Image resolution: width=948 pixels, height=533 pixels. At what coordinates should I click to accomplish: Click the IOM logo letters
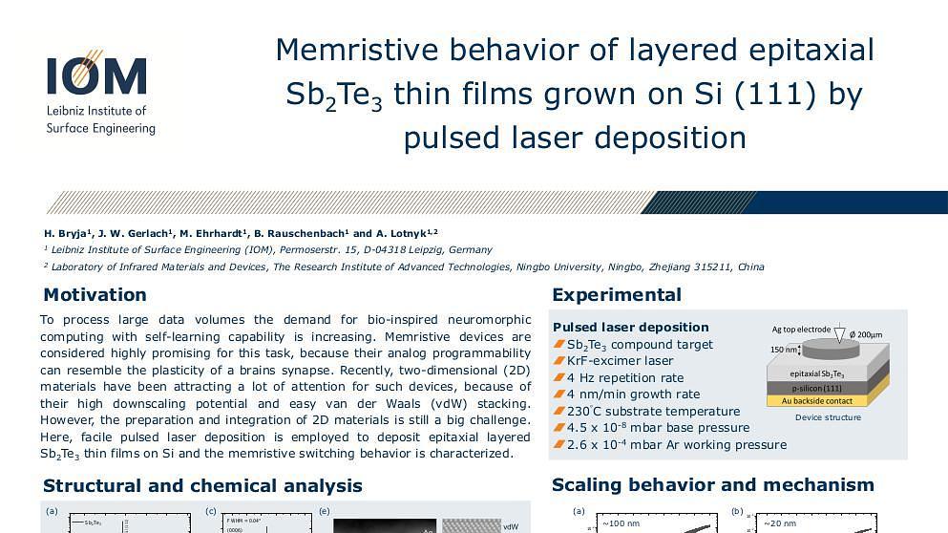pos(96,76)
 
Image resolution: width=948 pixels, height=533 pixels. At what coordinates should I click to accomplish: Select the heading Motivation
pos(95,294)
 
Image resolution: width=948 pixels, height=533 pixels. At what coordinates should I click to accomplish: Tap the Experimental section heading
pos(617,294)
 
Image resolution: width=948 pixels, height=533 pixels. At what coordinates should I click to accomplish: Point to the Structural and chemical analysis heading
pos(202,485)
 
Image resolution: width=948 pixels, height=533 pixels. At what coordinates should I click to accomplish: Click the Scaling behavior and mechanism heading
pos(713,484)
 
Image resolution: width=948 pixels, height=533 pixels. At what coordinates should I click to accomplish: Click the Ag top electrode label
pos(801,330)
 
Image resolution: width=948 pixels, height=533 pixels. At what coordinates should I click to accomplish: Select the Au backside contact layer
pos(827,400)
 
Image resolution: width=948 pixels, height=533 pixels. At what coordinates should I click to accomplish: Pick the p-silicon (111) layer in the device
pos(827,388)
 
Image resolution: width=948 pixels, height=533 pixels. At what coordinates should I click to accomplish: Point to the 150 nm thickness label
pos(784,350)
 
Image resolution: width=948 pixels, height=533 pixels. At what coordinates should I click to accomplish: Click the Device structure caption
pos(828,417)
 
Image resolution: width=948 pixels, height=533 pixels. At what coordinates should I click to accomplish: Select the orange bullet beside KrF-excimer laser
pos(559,361)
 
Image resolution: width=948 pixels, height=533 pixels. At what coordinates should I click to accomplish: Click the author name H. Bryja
pos(65,233)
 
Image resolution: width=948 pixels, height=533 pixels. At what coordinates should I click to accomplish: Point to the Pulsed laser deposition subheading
pos(631,327)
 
